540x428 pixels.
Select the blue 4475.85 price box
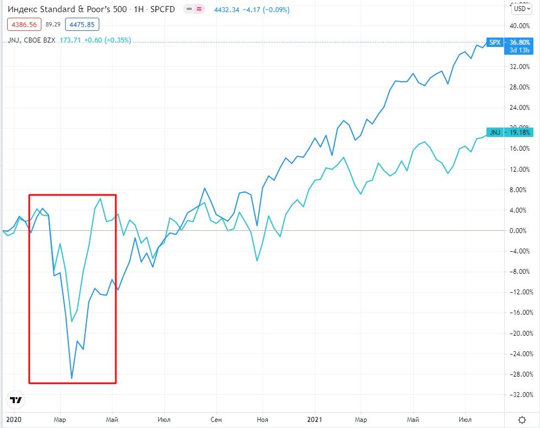pos(82,24)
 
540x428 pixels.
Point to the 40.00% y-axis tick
pos(521,26)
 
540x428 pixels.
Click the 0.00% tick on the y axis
pos(522,231)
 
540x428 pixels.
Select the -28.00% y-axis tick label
pos(521,374)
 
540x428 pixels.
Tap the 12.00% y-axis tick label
pos(521,169)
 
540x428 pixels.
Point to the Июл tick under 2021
pos(464,419)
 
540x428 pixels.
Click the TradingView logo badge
pos(15,400)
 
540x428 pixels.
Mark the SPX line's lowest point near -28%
pos(72,379)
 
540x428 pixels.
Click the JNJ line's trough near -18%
pos(72,321)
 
